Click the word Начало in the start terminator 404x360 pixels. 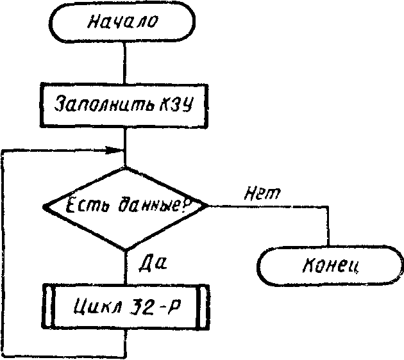(122, 21)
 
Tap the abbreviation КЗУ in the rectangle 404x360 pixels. (176, 104)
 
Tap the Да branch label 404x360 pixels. (153, 263)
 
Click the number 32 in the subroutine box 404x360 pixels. (140, 306)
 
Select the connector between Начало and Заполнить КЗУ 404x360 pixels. (124, 63)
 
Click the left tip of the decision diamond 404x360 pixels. (44, 207)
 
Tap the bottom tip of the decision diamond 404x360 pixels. (126, 250)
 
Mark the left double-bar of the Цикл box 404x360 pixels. (47, 306)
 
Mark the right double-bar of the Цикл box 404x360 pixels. (203, 307)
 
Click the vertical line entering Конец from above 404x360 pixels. (328, 226)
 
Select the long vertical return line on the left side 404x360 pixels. (3, 252)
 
